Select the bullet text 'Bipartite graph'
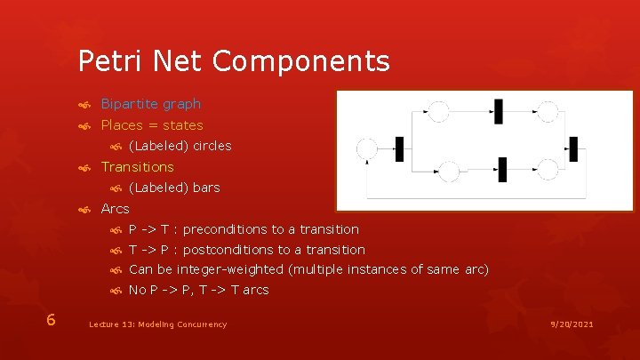150,104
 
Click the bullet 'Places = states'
151,125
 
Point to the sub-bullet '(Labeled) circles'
180,146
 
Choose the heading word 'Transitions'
137,166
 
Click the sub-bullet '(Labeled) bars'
174,188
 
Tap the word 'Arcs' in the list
115,209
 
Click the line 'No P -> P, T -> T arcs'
198,290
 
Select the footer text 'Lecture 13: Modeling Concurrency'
157,324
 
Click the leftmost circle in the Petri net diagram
366,148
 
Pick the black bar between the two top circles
499,111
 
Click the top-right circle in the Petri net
548,111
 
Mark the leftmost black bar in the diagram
399,148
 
